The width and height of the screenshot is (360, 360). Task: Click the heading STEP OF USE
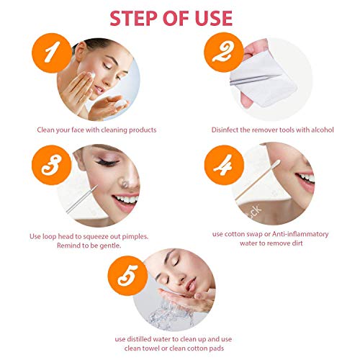point(180,17)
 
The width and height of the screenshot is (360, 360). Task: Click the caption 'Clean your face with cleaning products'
point(96,130)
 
